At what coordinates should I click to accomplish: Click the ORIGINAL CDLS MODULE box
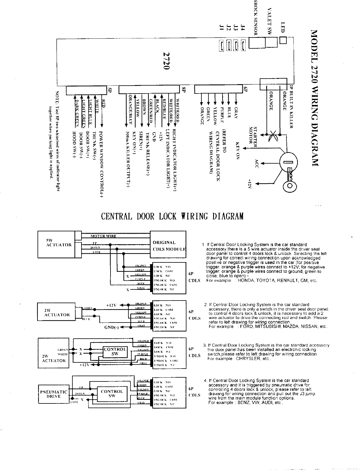(x=168, y=245)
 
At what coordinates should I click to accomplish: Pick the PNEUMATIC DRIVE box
(x=53, y=394)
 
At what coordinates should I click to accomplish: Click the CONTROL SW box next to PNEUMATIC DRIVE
(x=112, y=393)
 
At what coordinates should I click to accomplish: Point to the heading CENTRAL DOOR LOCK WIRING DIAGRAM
(x=172, y=216)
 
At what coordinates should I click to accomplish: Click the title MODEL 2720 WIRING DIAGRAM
(x=315, y=98)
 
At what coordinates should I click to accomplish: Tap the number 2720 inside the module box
(x=166, y=61)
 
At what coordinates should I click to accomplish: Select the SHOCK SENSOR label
(x=255, y=18)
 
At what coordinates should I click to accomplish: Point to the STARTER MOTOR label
(x=253, y=135)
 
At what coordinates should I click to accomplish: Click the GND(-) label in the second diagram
(x=111, y=328)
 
